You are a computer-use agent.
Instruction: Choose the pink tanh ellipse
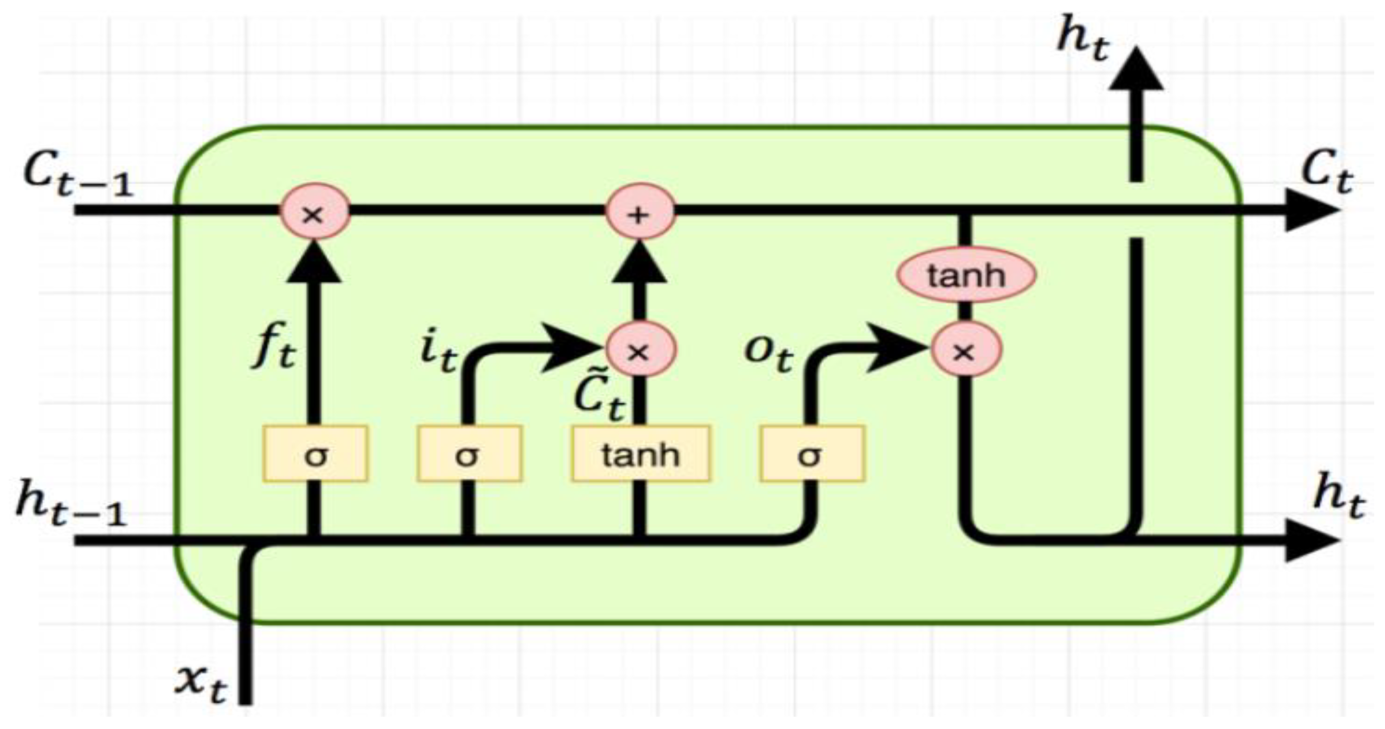(966, 275)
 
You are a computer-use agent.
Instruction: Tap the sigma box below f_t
(316, 453)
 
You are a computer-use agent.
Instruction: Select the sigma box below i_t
(469, 453)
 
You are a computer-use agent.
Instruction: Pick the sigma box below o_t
(812, 453)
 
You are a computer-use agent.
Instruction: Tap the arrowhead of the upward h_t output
(1135, 70)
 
